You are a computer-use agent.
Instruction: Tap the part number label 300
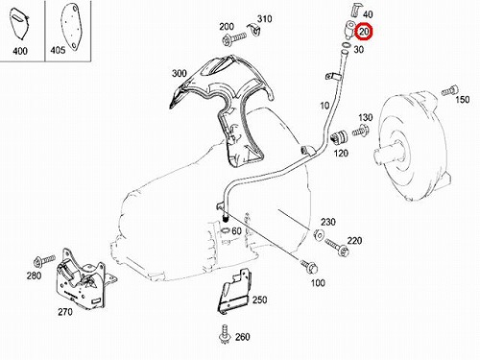click(180, 73)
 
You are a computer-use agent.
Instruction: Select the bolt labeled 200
click(234, 38)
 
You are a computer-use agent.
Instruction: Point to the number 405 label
click(58, 50)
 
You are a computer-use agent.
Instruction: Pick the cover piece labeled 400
click(19, 24)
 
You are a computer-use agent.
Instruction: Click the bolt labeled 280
click(44, 260)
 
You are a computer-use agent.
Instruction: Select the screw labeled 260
click(226, 334)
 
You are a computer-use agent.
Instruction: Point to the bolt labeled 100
click(309, 267)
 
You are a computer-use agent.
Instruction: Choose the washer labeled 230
click(319, 234)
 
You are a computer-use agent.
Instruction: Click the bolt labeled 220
click(337, 248)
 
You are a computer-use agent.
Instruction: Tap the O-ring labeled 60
click(226, 230)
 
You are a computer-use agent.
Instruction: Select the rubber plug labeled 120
click(339, 137)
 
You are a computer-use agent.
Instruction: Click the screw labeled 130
click(361, 132)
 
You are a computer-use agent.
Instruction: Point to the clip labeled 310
click(255, 30)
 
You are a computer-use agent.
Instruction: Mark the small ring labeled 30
click(346, 44)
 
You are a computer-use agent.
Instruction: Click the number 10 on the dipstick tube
click(324, 106)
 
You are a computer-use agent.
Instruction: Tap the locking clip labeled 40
click(356, 12)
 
